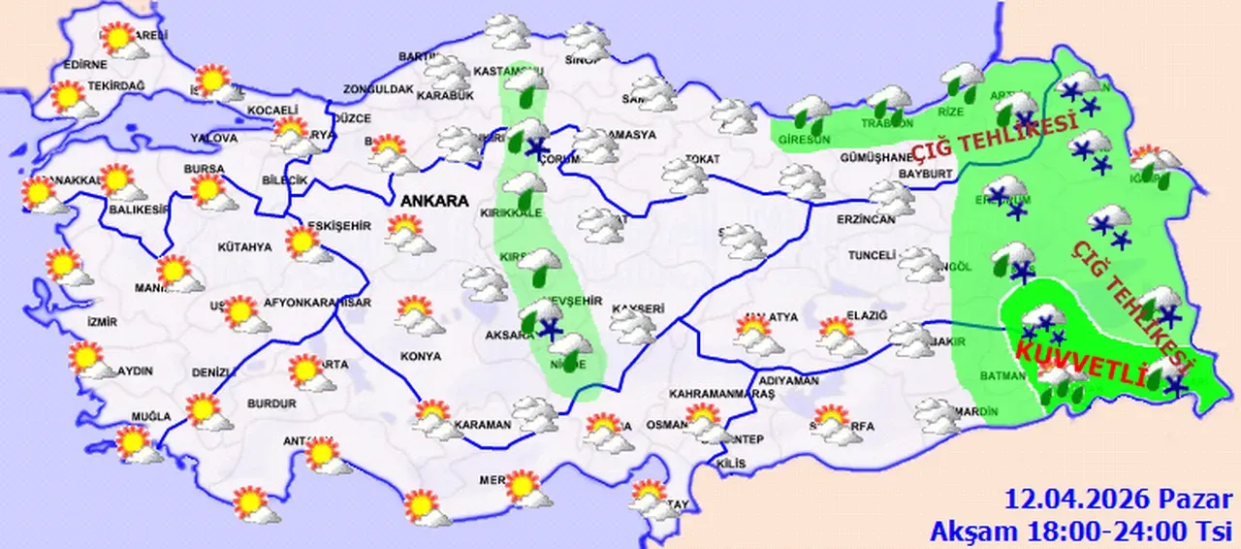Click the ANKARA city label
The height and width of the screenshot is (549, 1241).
click(x=432, y=202)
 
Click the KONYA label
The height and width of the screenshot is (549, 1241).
click(x=420, y=356)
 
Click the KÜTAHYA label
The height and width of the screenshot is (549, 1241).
click(x=245, y=247)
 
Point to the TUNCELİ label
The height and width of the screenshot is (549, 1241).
click(x=870, y=255)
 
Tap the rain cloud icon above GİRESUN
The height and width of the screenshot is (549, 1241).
click(x=809, y=113)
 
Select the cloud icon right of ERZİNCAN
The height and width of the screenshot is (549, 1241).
click(x=892, y=197)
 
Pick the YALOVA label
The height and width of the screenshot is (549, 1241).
click(x=214, y=139)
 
